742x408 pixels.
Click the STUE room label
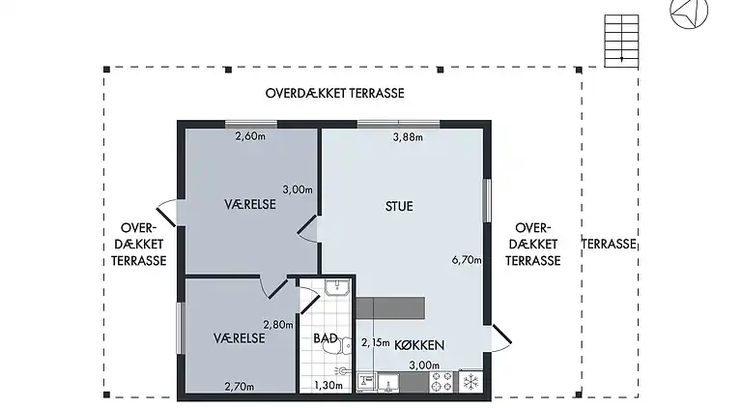tap(399, 206)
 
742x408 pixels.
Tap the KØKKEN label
tap(419, 345)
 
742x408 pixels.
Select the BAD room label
tap(326, 338)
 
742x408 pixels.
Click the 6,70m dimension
tap(467, 260)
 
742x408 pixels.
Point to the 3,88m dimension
tap(408, 137)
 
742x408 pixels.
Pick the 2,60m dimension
tap(250, 136)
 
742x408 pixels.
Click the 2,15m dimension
tap(375, 342)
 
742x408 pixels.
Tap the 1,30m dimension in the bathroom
tap(328, 386)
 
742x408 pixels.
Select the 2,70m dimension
tap(240, 387)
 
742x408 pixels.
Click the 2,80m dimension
tap(278, 325)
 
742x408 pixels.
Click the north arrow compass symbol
tap(689, 12)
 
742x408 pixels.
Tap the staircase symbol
tap(621, 41)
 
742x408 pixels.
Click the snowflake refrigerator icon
tap(471, 382)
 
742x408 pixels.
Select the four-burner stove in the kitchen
tap(441, 382)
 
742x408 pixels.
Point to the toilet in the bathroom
tap(338, 345)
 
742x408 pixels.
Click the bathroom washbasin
tap(337, 287)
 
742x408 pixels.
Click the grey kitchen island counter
tap(390, 307)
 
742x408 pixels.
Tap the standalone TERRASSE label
tap(609, 245)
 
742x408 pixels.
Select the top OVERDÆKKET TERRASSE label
tap(334, 93)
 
